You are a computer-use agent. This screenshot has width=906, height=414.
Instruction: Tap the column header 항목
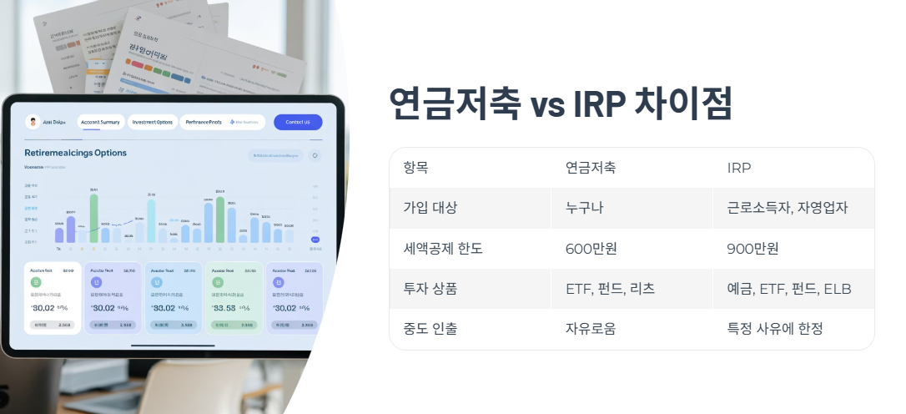pos(420,168)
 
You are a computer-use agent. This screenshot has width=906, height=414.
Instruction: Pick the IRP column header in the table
pos(739,168)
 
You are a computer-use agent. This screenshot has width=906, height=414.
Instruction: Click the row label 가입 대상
pos(430,208)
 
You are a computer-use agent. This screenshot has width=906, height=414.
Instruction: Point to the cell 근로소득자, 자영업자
pos(788,208)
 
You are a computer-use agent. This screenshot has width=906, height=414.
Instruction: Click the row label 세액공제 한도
pos(443,248)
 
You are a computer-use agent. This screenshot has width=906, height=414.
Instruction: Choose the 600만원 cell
pos(591,248)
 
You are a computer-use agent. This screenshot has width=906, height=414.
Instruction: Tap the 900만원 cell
pos(752,248)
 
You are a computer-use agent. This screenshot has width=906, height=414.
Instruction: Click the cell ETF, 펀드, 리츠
pos(610,289)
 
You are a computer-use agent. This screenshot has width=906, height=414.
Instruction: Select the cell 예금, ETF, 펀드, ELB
pos(789,289)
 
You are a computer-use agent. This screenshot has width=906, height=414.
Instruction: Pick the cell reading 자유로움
pos(591,329)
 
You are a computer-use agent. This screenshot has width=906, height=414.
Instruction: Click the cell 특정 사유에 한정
pos(775,329)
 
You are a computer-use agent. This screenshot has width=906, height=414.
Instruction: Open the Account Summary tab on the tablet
pos(100,122)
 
